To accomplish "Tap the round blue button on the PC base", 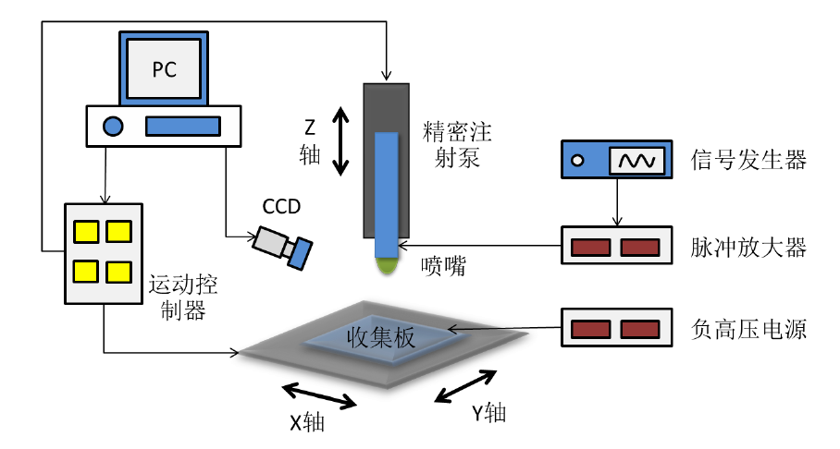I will point(113,126).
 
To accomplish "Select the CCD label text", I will point(281,206).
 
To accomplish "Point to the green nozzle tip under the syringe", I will point(387,267).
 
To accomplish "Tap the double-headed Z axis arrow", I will point(341,140).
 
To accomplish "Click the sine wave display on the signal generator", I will point(636,160).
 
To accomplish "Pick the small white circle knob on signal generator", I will point(578,160).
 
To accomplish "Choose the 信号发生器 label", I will point(749,160).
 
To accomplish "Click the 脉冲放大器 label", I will point(749,247).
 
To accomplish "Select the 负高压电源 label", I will point(749,329).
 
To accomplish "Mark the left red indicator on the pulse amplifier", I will point(590,247).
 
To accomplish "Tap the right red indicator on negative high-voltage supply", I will point(638,329).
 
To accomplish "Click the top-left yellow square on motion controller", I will point(87,230).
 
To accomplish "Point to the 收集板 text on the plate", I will point(381,337).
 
